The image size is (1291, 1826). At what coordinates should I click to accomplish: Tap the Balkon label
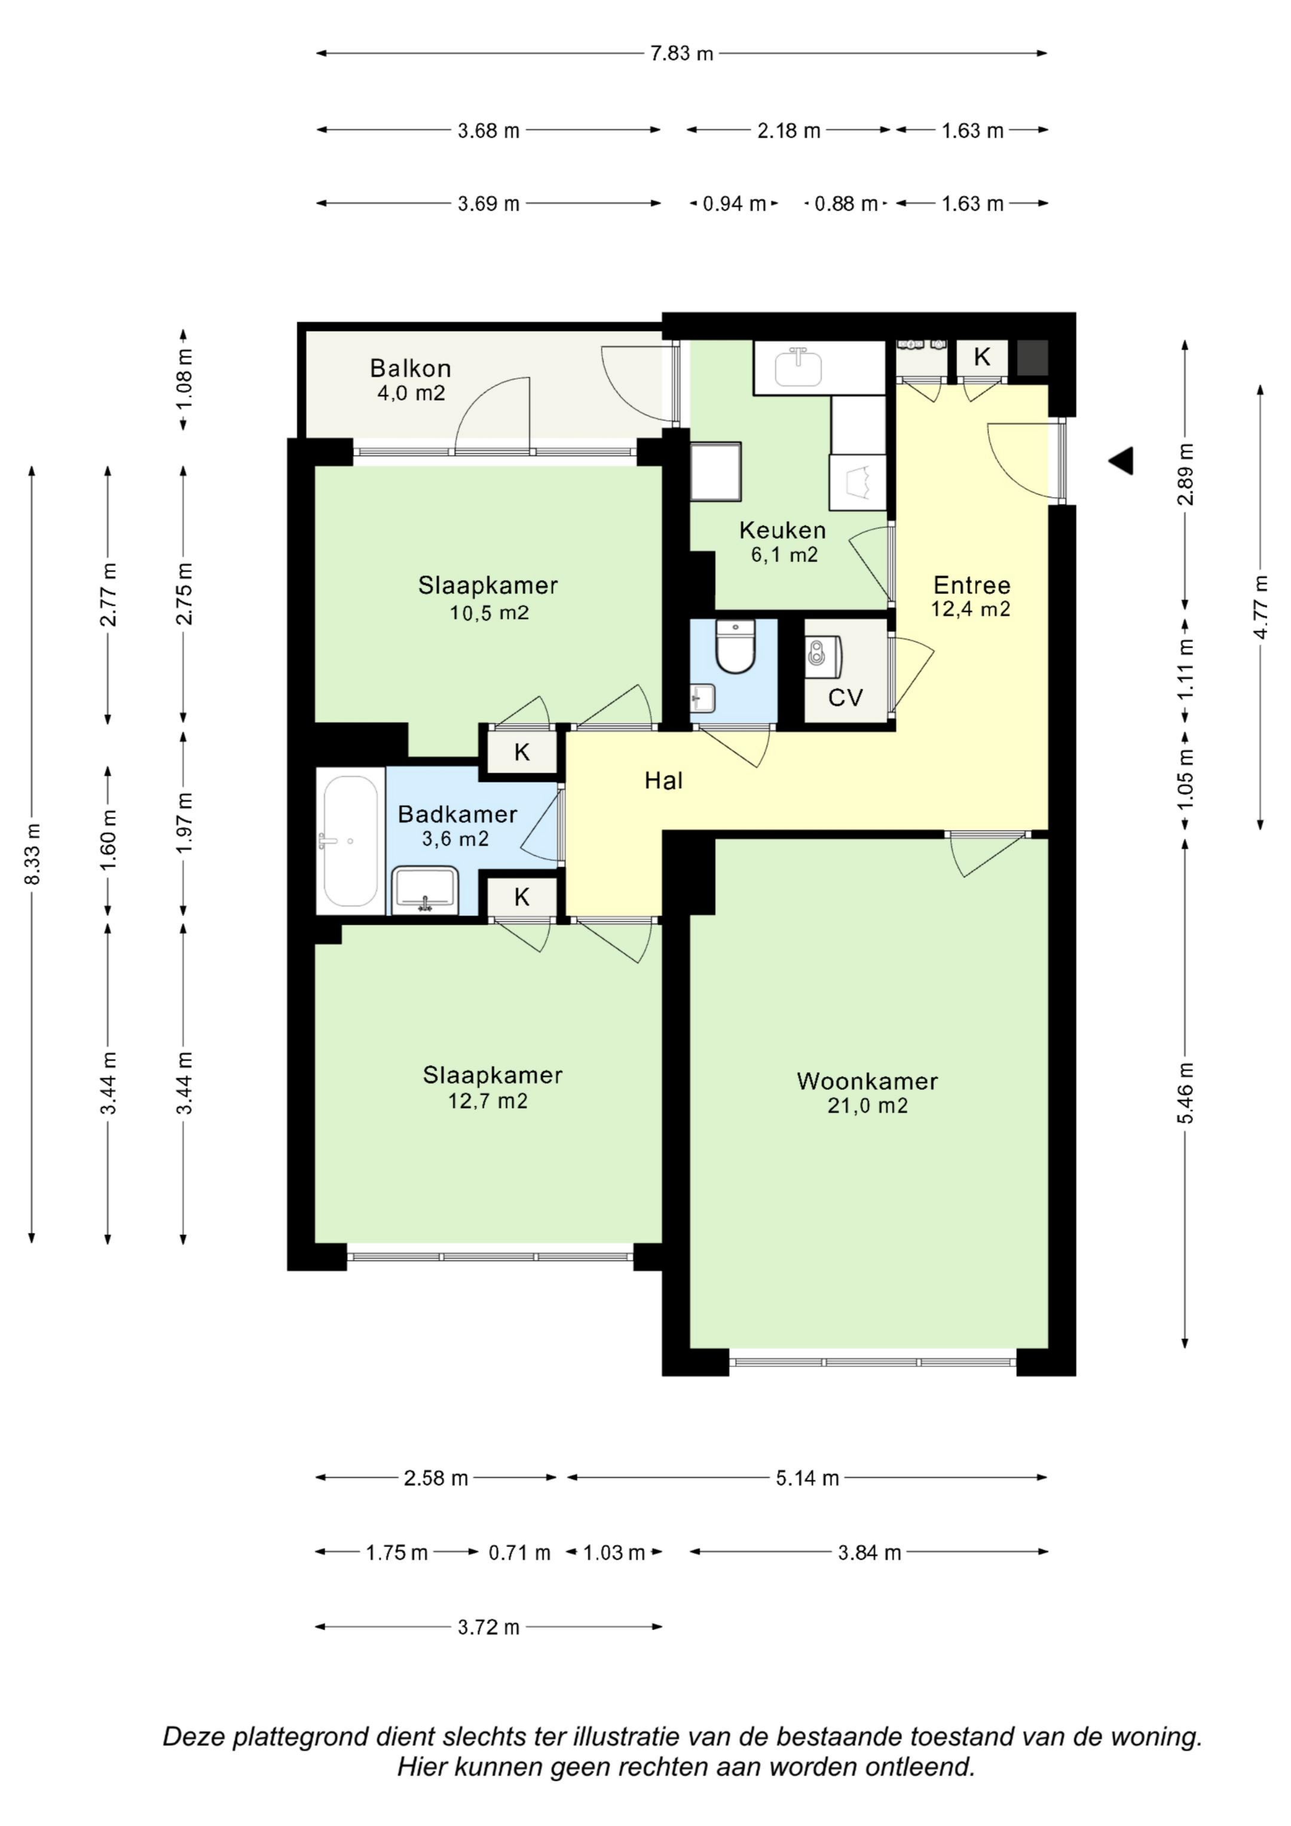pyautogui.click(x=411, y=368)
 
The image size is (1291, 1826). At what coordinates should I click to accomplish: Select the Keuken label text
pyautogui.click(x=783, y=530)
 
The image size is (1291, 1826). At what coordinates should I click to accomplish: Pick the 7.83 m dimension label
pyautogui.click(x=682, y=53)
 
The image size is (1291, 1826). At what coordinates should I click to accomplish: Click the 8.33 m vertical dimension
pyautogui.click(x=32, y=854)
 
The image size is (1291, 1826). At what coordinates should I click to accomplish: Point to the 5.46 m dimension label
pyautogui.click(x=1185, y=1094)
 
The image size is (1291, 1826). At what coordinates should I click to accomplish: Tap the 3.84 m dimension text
pyautogui.click(x=870, y=1552)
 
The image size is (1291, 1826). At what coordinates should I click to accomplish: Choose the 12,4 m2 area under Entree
pyautogui.click(x=971, y=609)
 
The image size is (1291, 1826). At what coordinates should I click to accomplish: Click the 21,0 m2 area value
pyautogui.click(x=867, y=1105)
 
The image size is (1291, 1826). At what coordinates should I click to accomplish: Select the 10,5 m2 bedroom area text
pyautogui.click(x=489, y=613)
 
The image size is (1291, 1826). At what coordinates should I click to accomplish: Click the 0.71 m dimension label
pyautogui.click(x=519, y=1552)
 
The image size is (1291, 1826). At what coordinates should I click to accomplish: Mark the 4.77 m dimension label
pyautogui.click(x=1260, y=607)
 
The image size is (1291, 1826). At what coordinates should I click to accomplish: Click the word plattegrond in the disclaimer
pyautogui.click(x=300, y=1736)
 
